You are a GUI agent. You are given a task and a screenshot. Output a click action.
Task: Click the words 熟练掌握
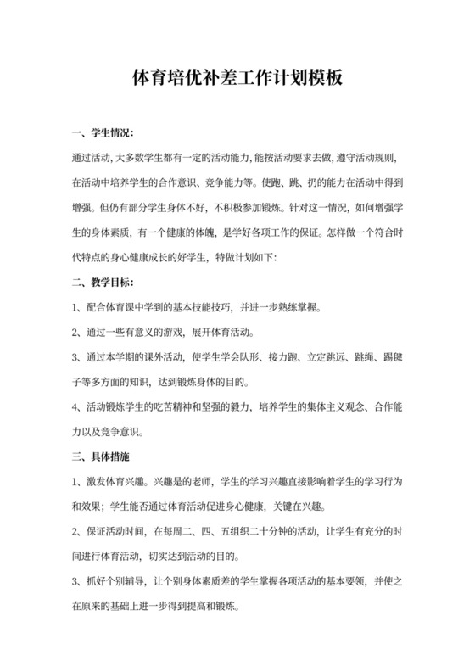coord(296,308)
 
